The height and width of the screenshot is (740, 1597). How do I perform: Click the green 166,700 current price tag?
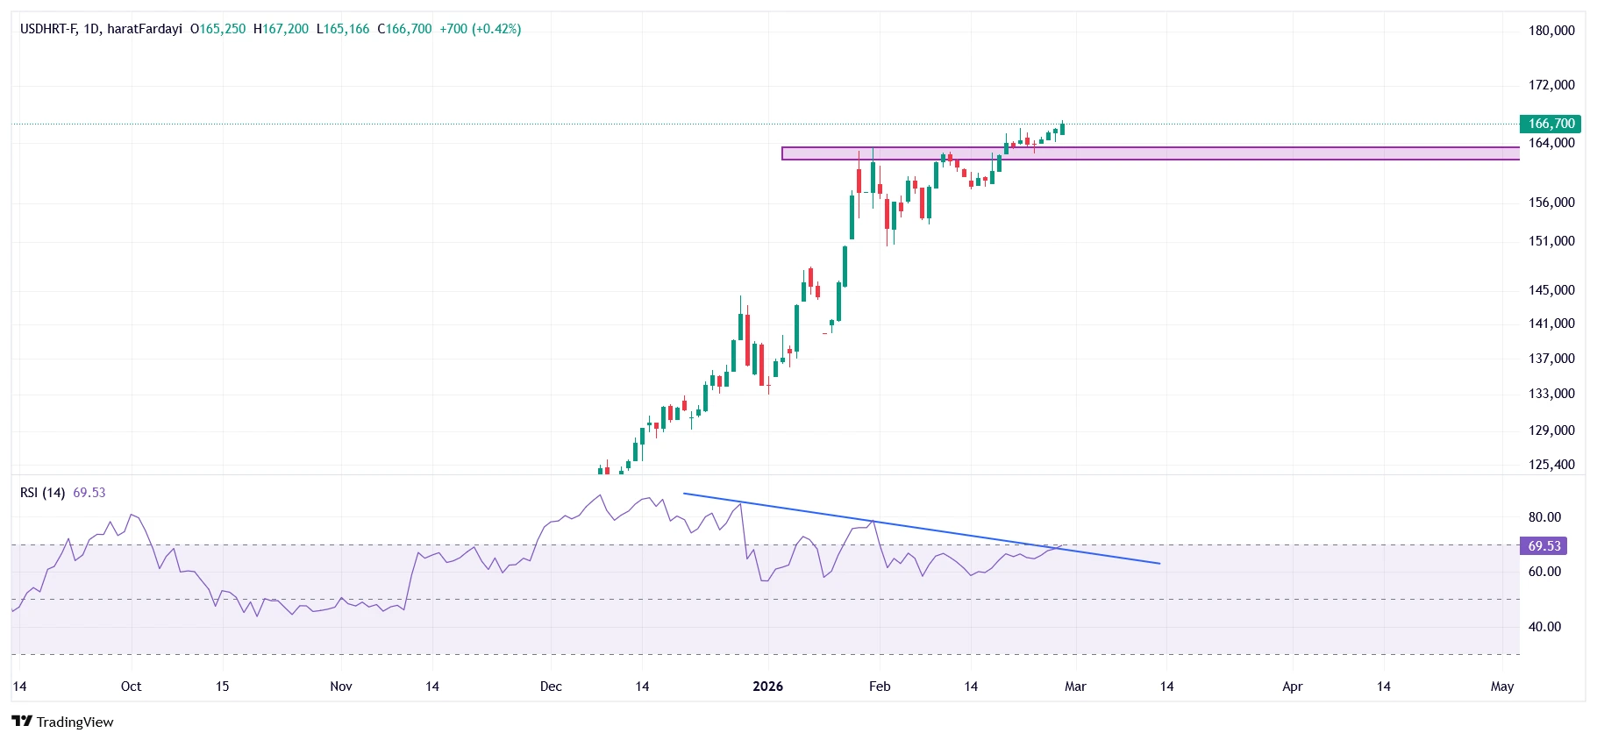click(1550, 124)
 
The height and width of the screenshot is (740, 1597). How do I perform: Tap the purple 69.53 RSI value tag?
click(1544, 546)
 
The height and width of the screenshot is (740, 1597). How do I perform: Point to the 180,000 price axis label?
click(1551, 31)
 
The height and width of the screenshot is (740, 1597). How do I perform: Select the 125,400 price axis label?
click(1551, 465)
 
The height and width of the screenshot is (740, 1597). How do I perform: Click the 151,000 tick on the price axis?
click(1551, 241)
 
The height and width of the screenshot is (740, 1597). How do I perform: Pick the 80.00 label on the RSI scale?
click(1544, 517)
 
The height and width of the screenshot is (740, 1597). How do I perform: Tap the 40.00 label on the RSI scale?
click(1544, 627)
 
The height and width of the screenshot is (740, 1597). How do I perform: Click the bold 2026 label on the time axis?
click(767, 687)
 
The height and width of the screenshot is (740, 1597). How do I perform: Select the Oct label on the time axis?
click(131, 687)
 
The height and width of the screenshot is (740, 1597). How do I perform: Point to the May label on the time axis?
click(1501, 687)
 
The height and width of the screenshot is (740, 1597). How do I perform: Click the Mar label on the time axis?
click(1075, 687)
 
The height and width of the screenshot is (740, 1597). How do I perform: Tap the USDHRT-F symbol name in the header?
click(48, 29)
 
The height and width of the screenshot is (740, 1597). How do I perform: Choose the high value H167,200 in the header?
click(281, 29)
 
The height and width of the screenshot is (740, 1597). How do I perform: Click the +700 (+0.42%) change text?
click(481, 29)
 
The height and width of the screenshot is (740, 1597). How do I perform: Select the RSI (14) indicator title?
click(42, 493)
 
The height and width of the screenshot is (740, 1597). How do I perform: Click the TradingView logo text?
click(75, 722)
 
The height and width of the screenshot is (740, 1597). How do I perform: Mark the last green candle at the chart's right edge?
click(1062, 129)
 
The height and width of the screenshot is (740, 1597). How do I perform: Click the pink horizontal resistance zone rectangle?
click(1228, 153)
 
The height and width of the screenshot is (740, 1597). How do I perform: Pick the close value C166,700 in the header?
click(404, 29)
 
